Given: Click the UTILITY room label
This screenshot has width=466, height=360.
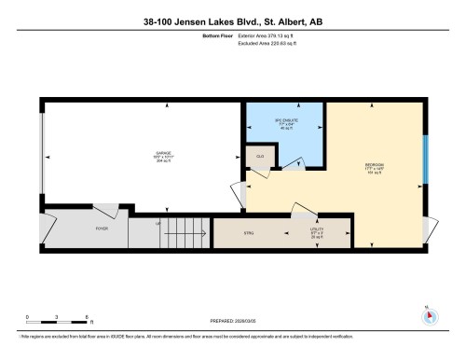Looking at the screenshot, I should [316, 232].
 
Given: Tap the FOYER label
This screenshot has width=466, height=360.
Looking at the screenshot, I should [102, 228].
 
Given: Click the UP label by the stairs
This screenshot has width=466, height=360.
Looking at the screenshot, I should [158, 224].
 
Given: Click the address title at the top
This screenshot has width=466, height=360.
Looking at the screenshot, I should [232, 22].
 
